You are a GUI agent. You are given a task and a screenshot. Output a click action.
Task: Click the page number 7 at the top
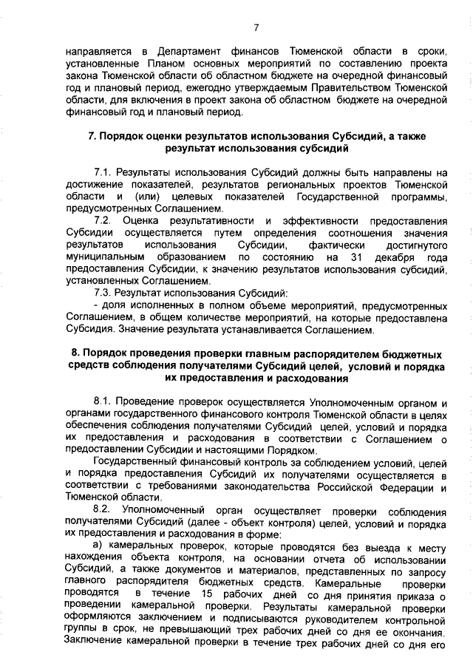256,27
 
